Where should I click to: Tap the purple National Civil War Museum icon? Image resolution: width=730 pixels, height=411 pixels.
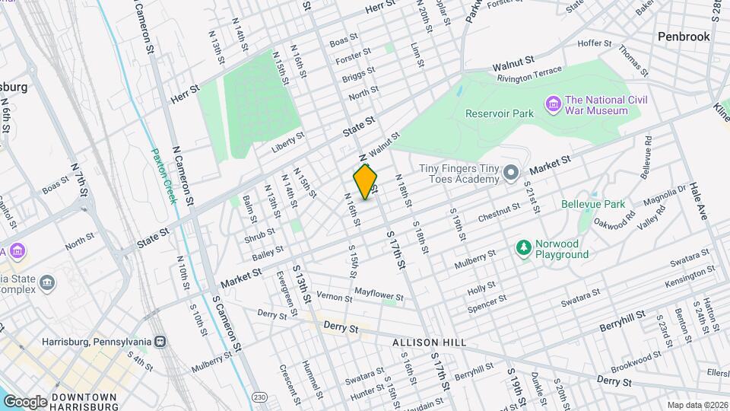[553, 103]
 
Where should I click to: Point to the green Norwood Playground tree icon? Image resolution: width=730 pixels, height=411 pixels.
[523, 247]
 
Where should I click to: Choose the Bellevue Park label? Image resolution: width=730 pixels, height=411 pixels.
[592, 204]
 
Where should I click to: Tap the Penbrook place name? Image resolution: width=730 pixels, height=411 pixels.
[684, 36]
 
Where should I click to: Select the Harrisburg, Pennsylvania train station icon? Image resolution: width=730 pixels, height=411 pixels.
[160, 342]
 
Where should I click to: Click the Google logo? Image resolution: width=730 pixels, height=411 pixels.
[25, 401]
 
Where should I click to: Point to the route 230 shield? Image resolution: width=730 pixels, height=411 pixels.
[260, 397]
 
